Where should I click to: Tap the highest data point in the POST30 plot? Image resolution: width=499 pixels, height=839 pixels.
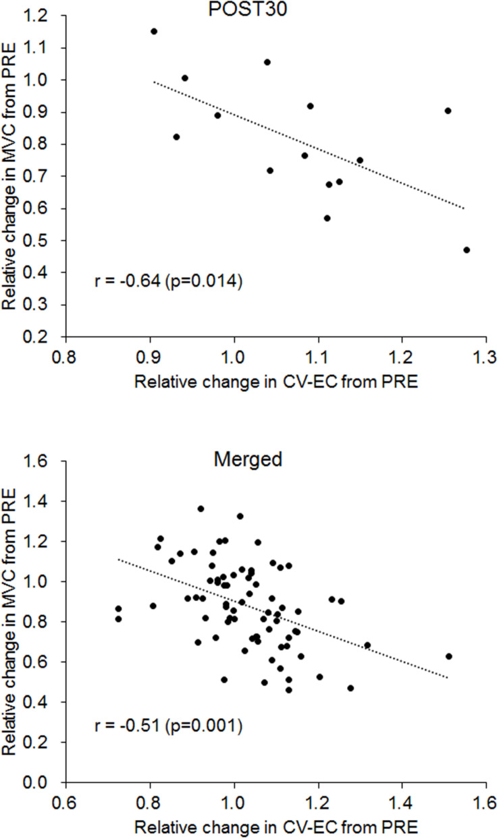154,31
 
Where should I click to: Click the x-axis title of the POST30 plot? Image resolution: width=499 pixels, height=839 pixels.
276,382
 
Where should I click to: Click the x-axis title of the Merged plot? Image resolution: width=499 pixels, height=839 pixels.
276,827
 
